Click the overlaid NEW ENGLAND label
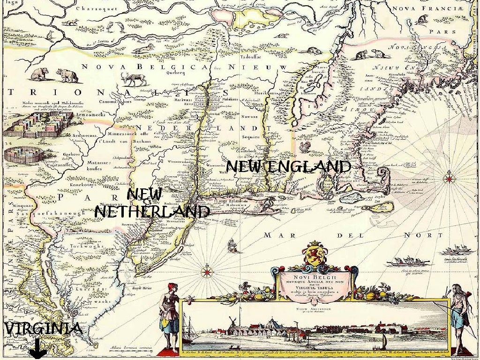click(288, 167)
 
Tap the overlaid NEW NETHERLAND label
click(151, 203)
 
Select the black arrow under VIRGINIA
click(37, 349)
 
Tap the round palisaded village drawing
click(23, 155)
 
